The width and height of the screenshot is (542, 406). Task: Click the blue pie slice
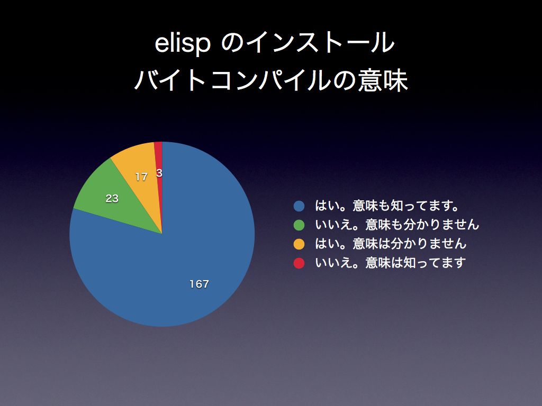(180, 262)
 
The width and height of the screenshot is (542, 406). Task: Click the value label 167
(199, 284)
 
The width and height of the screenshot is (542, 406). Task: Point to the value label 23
(112, 199)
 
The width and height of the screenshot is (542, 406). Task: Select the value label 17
(141, 177)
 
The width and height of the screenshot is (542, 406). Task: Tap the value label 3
(159, 173)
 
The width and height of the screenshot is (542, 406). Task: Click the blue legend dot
(299, 206)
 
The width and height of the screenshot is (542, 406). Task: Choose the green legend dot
(299, 225)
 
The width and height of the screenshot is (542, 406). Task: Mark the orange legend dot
(299, 244)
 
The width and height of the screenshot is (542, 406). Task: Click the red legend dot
(299, 263)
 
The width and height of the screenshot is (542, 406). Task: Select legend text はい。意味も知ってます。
(387, 206)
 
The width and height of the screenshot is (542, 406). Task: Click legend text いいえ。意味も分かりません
(397, 225)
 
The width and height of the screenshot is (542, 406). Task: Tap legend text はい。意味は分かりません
(391, 244)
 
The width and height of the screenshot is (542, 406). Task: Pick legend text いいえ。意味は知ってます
(390, 263)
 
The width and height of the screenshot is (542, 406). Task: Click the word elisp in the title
(182, 43)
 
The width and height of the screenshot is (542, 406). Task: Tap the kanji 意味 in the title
(383, 80)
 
